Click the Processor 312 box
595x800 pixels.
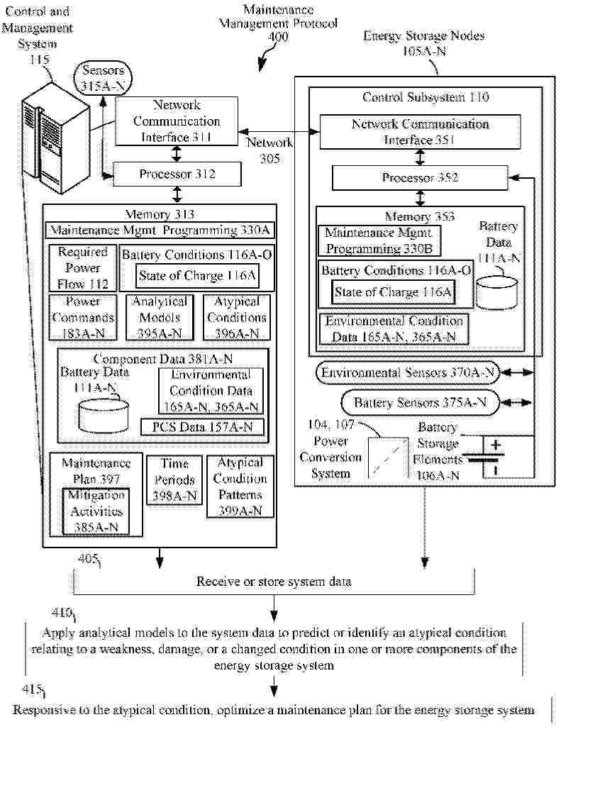177,174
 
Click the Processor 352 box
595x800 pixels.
420,178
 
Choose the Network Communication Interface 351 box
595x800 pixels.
420,132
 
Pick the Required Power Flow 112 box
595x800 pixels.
83,268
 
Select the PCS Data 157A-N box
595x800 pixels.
202,427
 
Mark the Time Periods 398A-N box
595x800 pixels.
174,480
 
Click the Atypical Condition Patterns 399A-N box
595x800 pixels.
240,487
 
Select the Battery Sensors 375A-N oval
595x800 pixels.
420,403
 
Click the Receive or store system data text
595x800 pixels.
274,582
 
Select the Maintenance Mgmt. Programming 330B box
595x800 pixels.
379,241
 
